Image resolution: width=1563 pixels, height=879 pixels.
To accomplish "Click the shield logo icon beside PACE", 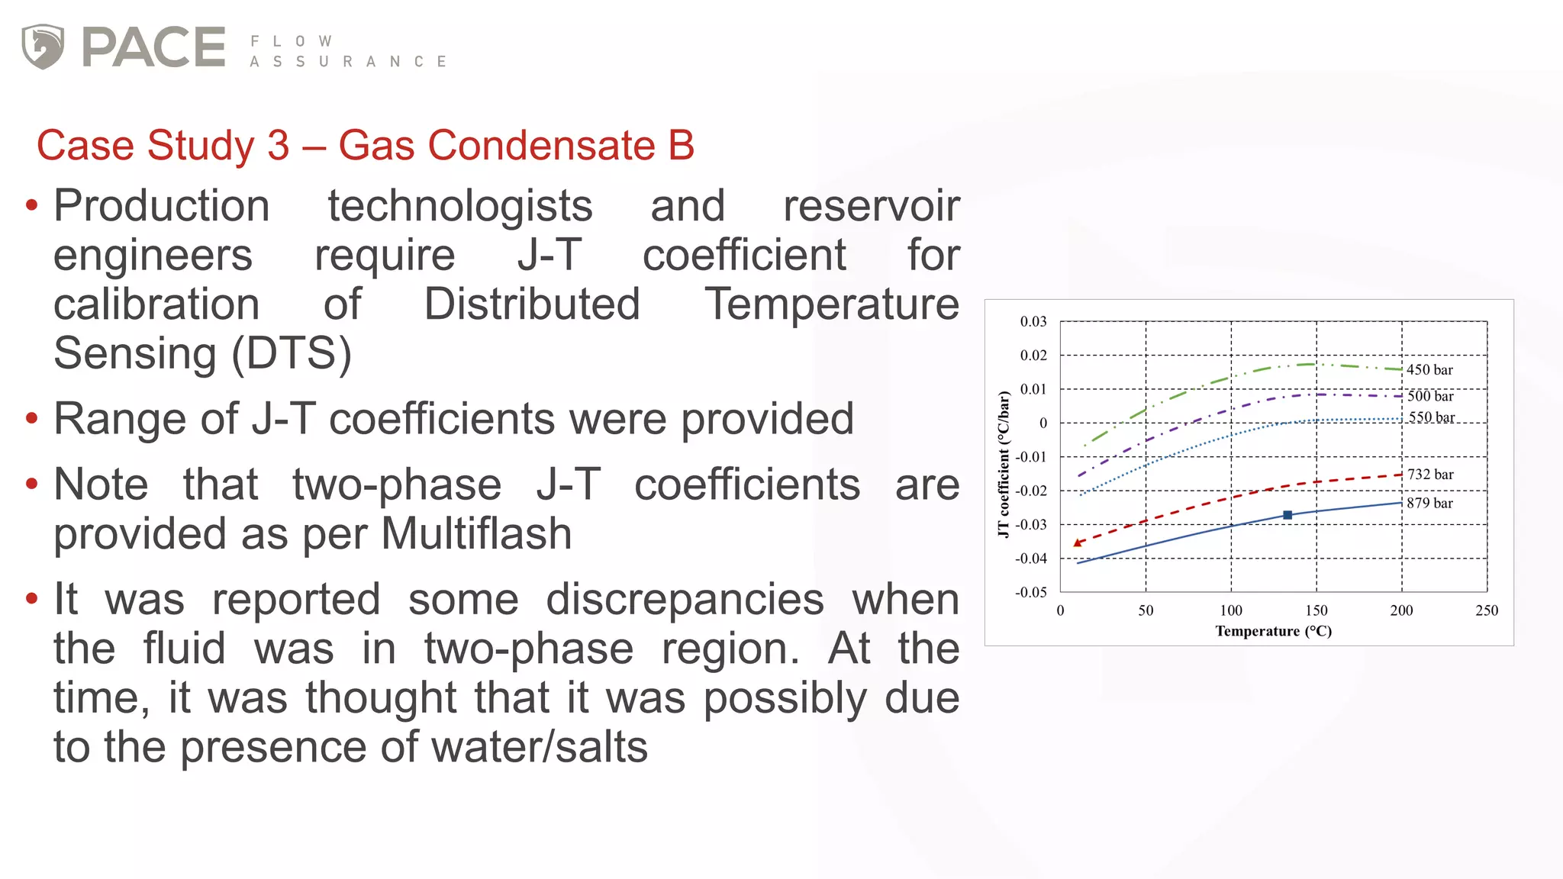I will (43, 46).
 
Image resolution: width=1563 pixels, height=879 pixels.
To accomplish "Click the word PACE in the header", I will (153, 47).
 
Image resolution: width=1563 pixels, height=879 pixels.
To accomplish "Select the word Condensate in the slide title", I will (497, 145).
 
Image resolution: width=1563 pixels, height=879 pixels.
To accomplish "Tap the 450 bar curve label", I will (1429, 370).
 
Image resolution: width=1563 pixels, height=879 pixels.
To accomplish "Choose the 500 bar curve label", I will (1430, 396).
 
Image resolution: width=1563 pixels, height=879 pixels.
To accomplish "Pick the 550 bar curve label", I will (1431, 417).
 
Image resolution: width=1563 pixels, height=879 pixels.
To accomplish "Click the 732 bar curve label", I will (1430, 475).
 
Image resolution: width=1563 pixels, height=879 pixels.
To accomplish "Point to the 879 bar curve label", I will (1429, 503).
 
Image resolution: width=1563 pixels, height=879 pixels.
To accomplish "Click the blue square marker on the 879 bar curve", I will (1287, 515).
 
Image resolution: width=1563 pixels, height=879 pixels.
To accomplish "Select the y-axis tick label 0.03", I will (1033, 322).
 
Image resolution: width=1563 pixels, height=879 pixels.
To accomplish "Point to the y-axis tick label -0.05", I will (1031, 592).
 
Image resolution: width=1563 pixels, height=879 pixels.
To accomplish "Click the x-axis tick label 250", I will (1487, 610).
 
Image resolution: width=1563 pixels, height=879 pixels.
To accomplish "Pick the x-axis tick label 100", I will (1231, 610).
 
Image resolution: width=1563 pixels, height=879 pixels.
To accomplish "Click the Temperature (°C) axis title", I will (1273, 631).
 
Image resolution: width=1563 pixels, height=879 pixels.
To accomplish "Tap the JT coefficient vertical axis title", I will (1004, 464).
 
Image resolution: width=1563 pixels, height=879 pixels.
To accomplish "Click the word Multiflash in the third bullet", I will (476, 533).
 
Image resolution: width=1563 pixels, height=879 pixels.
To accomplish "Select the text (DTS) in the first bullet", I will (291, 353).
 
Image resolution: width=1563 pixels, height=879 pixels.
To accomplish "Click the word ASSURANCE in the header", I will (348, 62).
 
